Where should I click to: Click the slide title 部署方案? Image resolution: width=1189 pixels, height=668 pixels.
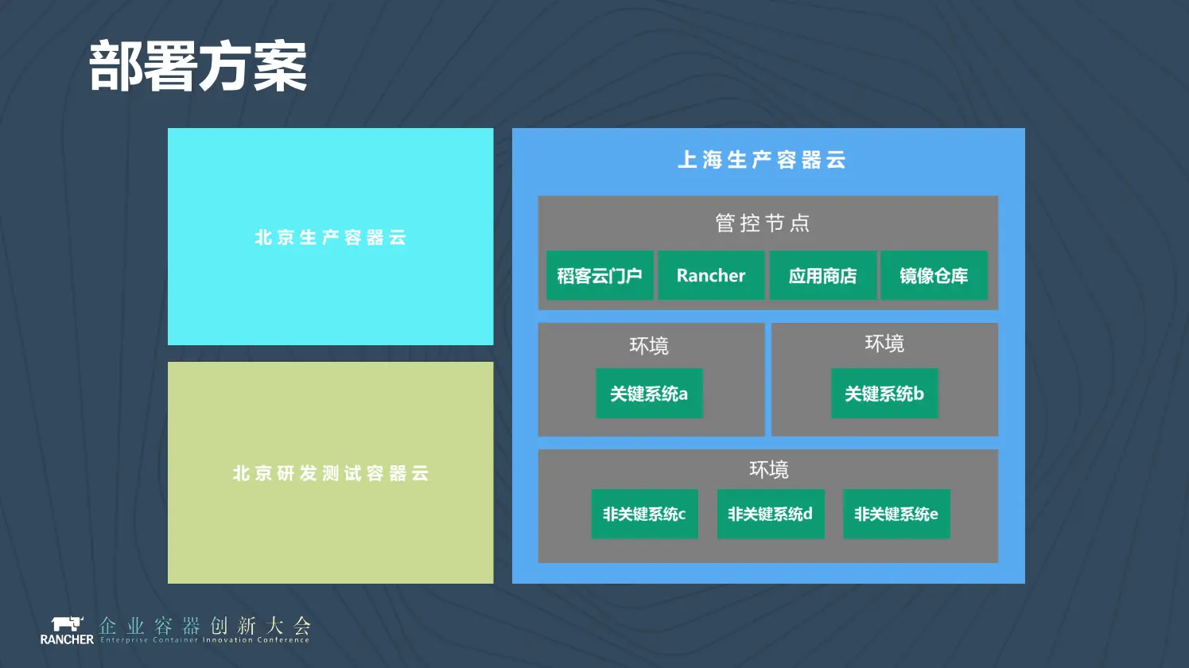[198, 67]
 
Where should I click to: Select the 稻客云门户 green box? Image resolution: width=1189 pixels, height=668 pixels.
[600, 276]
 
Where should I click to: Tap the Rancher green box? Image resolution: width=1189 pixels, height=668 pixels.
[711, 276]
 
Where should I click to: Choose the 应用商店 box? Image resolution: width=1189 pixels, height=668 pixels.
[822, 276]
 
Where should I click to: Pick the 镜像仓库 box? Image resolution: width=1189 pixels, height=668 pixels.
[934, 276]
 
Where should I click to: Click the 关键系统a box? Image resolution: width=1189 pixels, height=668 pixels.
[649, 394]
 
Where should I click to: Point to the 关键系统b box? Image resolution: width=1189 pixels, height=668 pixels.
[884, 394]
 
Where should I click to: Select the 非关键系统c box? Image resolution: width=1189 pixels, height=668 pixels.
[644, 514]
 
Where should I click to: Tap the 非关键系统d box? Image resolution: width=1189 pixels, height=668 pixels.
[770, 514]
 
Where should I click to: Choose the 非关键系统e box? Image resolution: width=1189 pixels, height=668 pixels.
[896, 514]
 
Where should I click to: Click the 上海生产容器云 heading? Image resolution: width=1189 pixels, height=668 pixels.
[762, 160]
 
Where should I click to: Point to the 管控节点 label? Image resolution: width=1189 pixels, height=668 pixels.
[763, 223]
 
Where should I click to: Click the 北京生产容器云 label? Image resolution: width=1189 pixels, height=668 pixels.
[331, 238]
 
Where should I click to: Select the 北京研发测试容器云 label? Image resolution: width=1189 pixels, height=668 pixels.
[331, 474]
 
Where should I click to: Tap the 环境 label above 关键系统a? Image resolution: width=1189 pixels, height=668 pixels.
[649, 346]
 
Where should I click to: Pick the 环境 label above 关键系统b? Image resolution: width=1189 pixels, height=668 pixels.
[884, 344]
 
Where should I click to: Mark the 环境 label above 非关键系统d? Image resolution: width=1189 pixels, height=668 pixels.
[769, 470]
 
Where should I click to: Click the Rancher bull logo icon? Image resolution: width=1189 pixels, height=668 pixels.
[67, 623]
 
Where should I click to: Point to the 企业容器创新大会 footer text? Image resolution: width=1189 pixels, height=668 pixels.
[204, 626]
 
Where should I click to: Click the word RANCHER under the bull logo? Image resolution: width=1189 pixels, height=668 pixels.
[67, 639]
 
